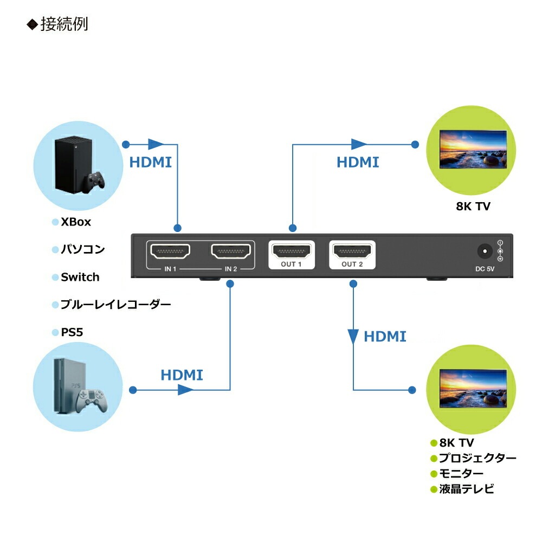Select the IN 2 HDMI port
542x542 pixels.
pos(231,251)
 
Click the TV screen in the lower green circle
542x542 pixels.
pos(473,388)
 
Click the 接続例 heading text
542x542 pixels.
pos(64,24)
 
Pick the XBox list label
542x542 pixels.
pos(76,222)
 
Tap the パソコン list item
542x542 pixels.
pos(82,249)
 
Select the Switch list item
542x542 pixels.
pos(80,277)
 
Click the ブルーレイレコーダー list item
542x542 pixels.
pos(115,305)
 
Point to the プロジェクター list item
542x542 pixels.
pos(478,458)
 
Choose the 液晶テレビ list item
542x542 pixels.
pos(467,489)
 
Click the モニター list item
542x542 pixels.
pos(461,474)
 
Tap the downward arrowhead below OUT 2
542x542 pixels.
pos(353,336)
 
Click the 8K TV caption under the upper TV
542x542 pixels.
pos(473,206)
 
